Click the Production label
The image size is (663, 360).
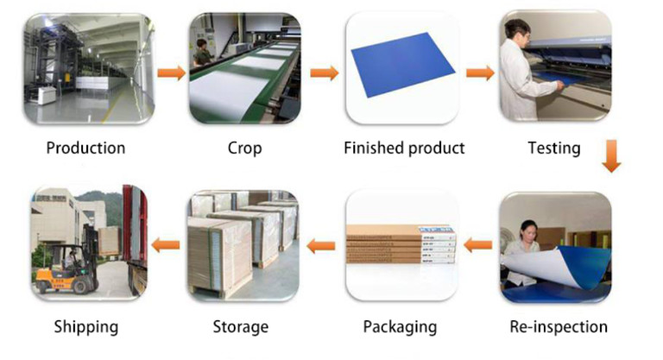[85, 148]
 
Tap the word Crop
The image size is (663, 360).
[244, 148]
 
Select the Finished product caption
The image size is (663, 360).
[404, 148]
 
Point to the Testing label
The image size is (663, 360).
[554, 148]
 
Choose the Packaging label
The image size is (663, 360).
[400, 326]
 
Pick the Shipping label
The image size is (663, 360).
[85, 326]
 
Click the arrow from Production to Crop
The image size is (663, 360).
[171, 73]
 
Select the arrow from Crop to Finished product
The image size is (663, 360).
[325, 73]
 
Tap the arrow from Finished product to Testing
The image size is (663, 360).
[480, 73]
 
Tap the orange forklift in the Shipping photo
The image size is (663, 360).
[60, 269]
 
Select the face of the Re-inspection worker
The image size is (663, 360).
[529, 232]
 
